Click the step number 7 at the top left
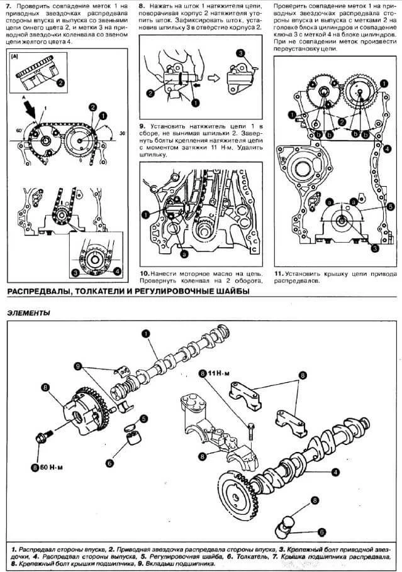(8, 6)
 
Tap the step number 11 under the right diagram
(278, 274)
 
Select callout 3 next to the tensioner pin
(240, 53)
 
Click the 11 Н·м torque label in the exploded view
(220, 373)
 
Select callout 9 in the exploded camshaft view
(78, 365)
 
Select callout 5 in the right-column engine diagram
(390, 206)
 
